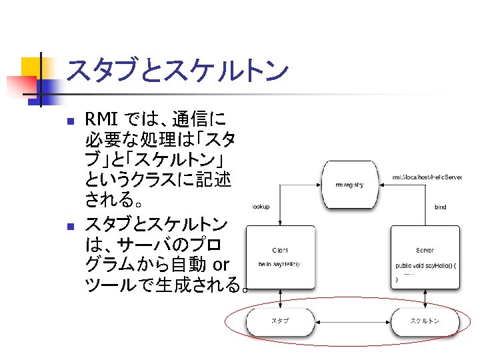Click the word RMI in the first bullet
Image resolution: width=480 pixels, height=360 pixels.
tap(102, 120)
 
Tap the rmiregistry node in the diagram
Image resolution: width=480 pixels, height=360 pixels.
tap(349, 185)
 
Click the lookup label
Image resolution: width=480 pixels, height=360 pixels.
tap(260, 207)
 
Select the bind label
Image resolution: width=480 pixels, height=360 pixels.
tap(440, 207)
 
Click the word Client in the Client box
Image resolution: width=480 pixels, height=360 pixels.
tap(280, 251)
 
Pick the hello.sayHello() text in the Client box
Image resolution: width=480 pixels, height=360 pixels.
tap(279, 265)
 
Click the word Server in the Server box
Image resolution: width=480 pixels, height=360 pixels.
tap(425, 251)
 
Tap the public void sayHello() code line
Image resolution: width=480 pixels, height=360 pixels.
tap(425, 265)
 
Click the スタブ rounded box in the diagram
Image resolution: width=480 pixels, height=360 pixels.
tap(280, 321)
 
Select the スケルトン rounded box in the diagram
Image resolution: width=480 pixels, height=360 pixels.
tap(425, 321)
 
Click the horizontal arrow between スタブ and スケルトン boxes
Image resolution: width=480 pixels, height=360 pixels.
tap(352, 321)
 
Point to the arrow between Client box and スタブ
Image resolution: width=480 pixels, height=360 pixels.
tap(281, 299)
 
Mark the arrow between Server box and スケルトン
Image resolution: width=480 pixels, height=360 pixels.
tap(425, 299)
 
